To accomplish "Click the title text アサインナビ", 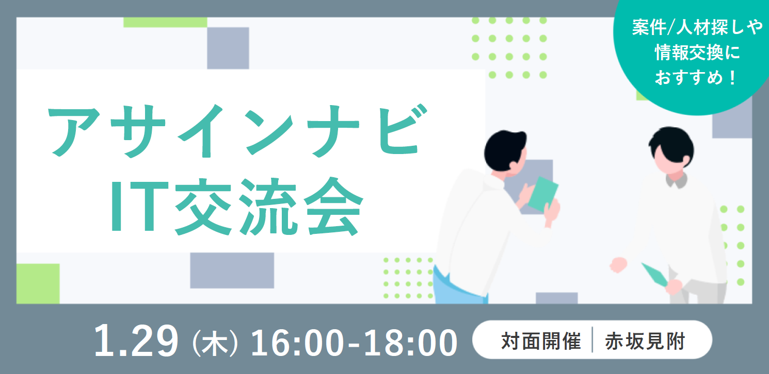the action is pos(237,131).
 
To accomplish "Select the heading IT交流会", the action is pos(237,207).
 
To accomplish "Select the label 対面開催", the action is pos(541,341).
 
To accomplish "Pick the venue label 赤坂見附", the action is pos(645,341).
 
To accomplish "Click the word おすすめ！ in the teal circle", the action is pos(696,77).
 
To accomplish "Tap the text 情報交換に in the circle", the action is pos(697,53).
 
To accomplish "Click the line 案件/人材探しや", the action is pos(697,27).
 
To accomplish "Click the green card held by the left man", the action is pos(543,194).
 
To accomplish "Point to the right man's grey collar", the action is pos(676,181).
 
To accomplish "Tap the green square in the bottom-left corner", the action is pos(38,283).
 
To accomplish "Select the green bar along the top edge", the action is pos(165,22).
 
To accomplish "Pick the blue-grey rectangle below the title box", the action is pos(232,270).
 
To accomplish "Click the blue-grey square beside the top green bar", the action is pos(228,48).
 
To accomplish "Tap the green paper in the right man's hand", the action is pos(654,275).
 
